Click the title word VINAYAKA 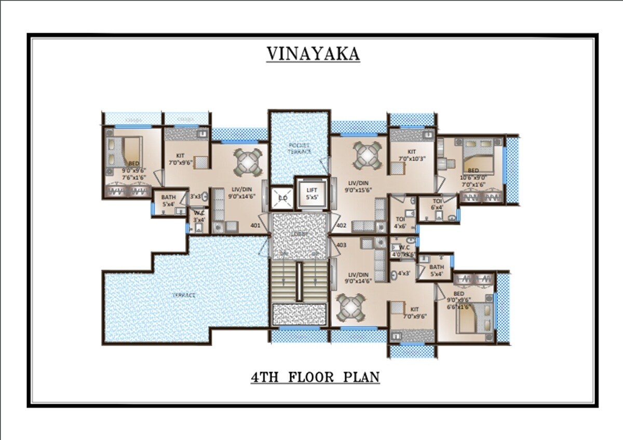[x=313, y=53]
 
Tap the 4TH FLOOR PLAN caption [x=315, y=377]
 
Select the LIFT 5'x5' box [x=311, y=194]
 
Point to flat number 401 [x=255, y=226]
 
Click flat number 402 [x=341, y=226]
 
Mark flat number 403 [x=341, y=245]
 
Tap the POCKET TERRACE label [x=300, y=148]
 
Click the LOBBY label [x=300, y=235]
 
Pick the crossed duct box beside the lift [x=282, y=198]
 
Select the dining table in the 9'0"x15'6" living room [x=367, y=155]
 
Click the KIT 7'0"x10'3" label [x=412, y=155]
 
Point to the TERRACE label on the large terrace [x=184, y=295]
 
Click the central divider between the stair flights [x=299, y=282]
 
